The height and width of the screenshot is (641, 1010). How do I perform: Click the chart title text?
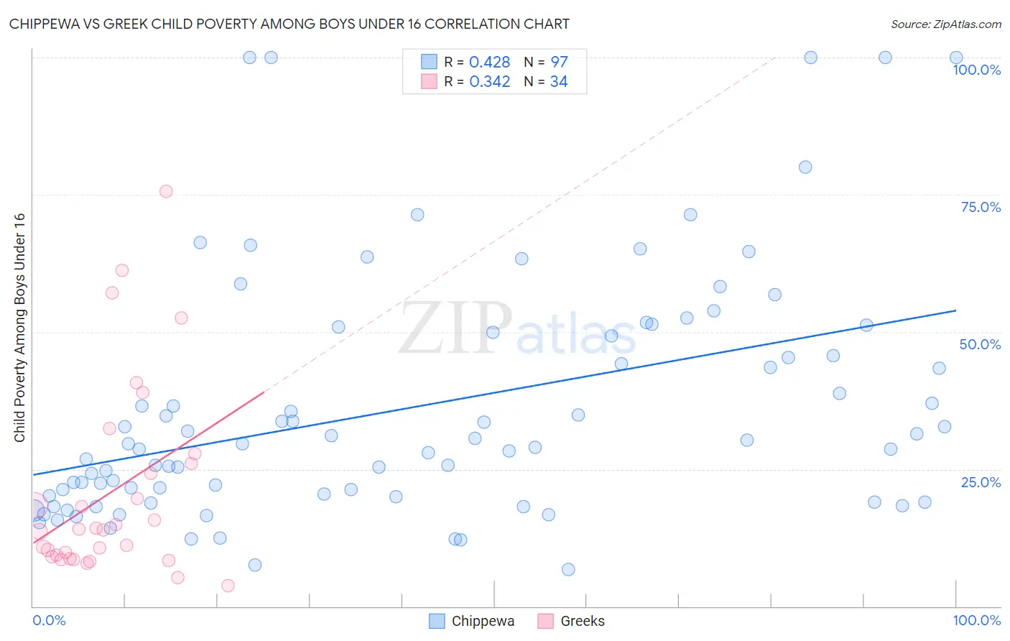(x=289, y=24)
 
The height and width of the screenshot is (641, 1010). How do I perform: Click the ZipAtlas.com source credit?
(x=945, y=24)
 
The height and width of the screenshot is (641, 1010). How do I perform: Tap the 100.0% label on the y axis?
(x=976, y=70)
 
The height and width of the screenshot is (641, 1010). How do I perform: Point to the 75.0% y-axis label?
(x=981, y=207)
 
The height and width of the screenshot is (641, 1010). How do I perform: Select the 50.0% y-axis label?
(x=980, y=344)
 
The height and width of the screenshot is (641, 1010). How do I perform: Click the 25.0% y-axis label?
(x=981, y=481)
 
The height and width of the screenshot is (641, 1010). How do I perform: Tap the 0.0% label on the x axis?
(x=49, y=620)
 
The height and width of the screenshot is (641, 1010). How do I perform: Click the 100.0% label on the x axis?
(x=976, y=620)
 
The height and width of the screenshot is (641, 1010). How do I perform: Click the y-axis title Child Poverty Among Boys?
(x=19, y=328)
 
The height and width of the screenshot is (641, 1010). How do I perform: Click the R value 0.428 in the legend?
(x=489, y=63)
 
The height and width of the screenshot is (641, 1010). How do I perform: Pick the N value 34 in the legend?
(x=558, y=82)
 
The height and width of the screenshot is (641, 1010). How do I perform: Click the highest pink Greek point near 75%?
(x=166, y=191)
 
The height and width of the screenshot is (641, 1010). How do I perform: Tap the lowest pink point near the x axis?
(x=228, y=586)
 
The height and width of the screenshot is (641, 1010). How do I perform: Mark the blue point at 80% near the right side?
(x=805, y=167)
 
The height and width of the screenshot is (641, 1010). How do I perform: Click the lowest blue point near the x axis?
(x=568, y=569)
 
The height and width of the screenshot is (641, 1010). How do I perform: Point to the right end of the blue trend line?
(x=955, y=310)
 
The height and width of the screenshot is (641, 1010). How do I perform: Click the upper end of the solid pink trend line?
(x=264, y=392)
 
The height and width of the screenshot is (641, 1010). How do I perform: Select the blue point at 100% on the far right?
(x=956, y=57)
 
